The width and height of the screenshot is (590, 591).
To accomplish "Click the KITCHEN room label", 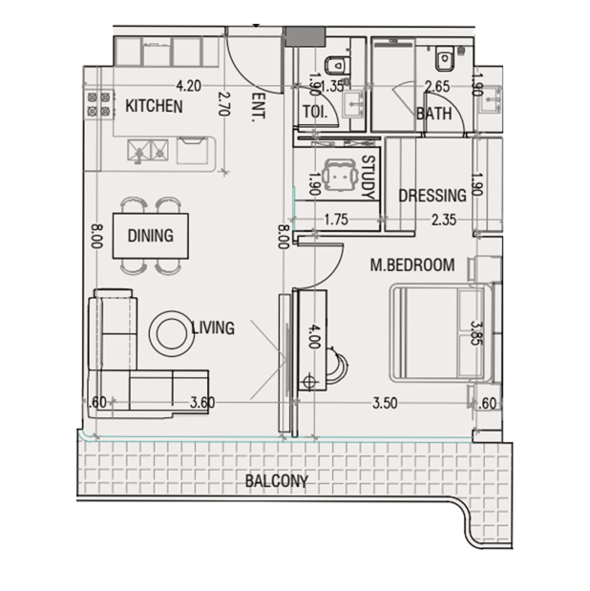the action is pos(154,106).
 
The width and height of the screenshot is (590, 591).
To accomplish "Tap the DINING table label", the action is pos(151,236).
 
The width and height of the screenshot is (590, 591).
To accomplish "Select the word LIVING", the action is pos(213,327).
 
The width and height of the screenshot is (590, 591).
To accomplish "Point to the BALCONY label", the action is pos(277,481).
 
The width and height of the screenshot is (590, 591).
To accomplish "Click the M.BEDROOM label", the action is pos(412,265).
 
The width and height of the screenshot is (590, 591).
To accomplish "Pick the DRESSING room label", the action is pos(432,196).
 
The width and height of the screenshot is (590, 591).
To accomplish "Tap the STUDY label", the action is pos(368,178).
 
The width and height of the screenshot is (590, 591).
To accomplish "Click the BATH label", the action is pos(434,114).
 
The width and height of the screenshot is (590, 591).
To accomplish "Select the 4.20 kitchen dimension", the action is pos(188,86).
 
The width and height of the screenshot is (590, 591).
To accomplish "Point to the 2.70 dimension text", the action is pos(224,104).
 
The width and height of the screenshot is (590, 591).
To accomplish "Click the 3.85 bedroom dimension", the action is pos(477,333).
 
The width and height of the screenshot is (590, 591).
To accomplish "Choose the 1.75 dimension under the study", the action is pos(336,220).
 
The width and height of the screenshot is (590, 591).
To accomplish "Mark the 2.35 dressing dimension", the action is pos(444,220).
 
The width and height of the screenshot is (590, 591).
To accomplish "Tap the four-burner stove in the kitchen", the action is pos(99,104).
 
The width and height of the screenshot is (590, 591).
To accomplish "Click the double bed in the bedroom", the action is pos(441,333).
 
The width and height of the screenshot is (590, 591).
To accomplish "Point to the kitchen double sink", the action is pos(148,151).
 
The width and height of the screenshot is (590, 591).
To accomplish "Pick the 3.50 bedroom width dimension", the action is pos(385,403).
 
